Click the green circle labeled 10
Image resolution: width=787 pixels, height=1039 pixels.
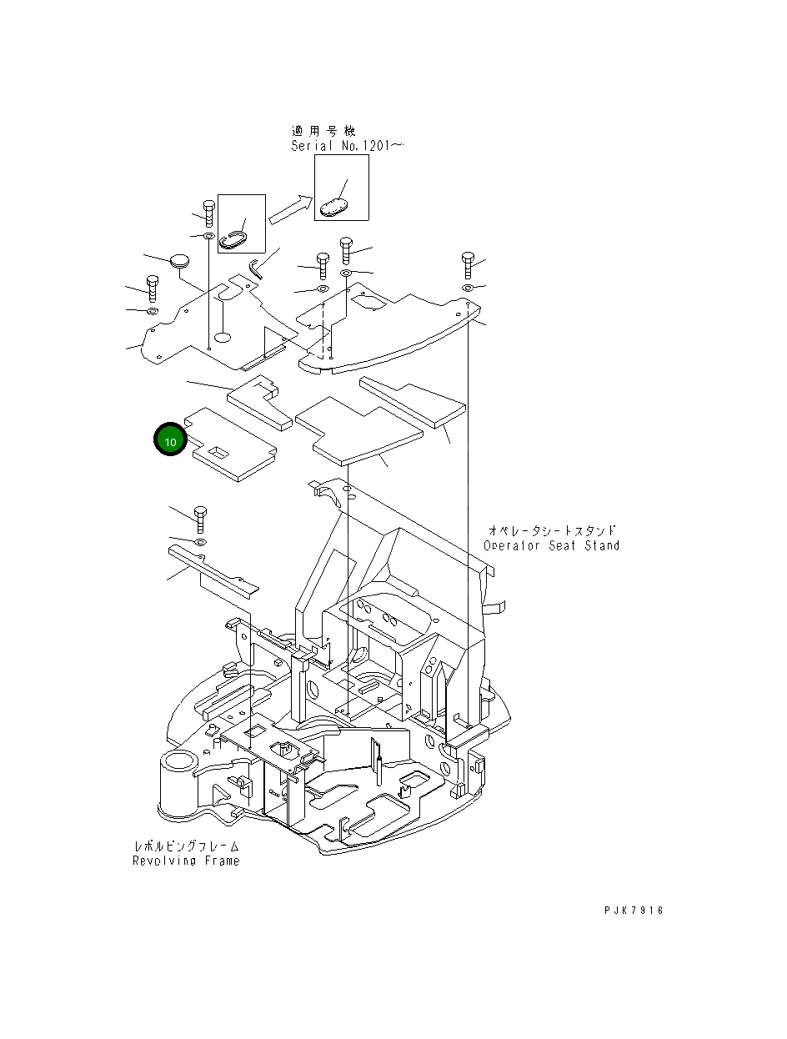[170, 440]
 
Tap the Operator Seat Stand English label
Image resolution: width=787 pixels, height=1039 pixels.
[551, 545]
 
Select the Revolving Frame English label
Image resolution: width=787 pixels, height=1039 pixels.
[186, 861]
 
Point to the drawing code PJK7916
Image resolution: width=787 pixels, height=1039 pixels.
[634, 911]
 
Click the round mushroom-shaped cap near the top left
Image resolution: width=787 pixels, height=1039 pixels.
[180, 260]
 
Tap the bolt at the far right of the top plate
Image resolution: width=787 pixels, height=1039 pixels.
[467, 264]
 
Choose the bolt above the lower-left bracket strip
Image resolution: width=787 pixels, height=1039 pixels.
[199, 519]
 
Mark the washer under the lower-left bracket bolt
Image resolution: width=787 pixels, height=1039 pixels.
[199, 543]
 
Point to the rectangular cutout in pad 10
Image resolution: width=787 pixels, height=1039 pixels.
[219, 452]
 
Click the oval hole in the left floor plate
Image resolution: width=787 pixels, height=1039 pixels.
[222, 337]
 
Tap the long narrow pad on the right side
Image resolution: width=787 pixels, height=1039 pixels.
[412, 402]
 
